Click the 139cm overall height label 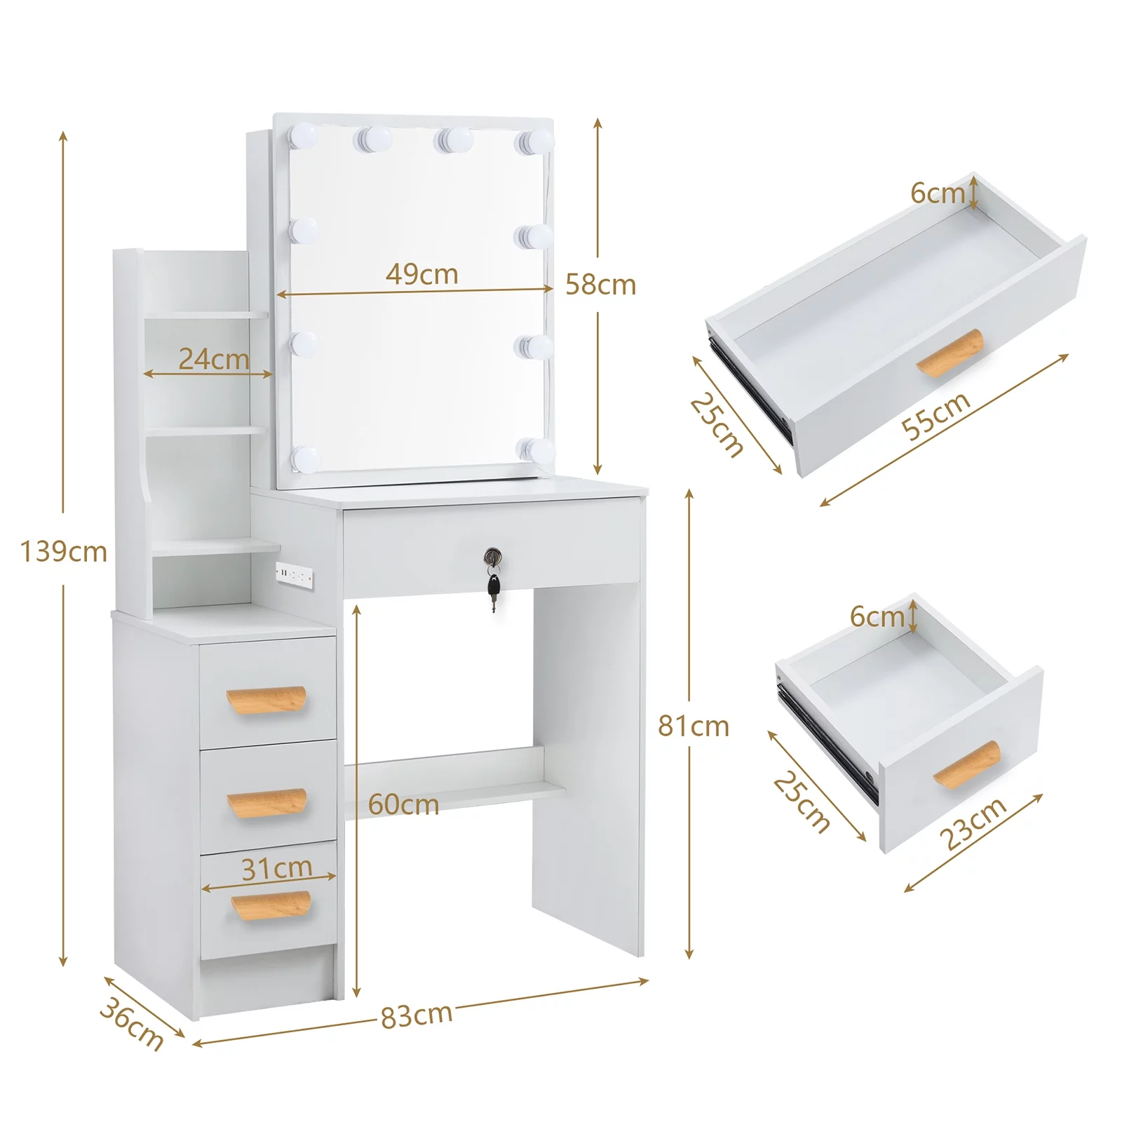coord(63,552)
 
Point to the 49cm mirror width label coord(421,273)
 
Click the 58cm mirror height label coord(600,285)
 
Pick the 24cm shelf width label coord(213,359)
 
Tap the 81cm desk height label coord(693,726)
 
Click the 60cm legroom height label coord(403,804)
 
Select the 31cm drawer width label coord(276,869)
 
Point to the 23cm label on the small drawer coord(973,823)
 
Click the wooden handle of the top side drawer coord(266,699)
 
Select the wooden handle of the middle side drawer coord(267,803)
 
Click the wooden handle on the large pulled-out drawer coord(950,353)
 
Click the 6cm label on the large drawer coord(938,192)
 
